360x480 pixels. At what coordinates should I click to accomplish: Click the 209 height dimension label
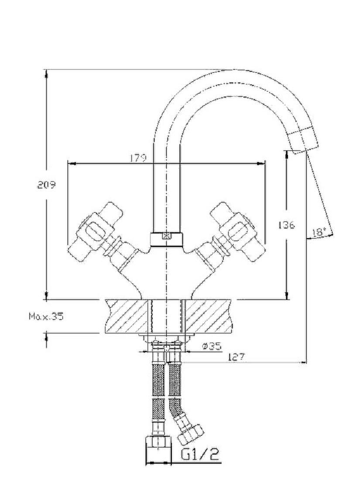coord(47,185)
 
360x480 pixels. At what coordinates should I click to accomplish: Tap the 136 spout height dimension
coord(287,225)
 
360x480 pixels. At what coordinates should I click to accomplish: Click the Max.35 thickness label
coord(46,316)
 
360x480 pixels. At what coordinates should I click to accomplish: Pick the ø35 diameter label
coord(211,346)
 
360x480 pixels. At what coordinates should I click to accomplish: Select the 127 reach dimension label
coord(236,357)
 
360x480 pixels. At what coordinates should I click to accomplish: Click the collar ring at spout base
coord(167,239)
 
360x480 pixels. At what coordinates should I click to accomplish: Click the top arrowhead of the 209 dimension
coord(46,73)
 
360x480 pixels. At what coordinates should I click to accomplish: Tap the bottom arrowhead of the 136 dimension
coord(287,295)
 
